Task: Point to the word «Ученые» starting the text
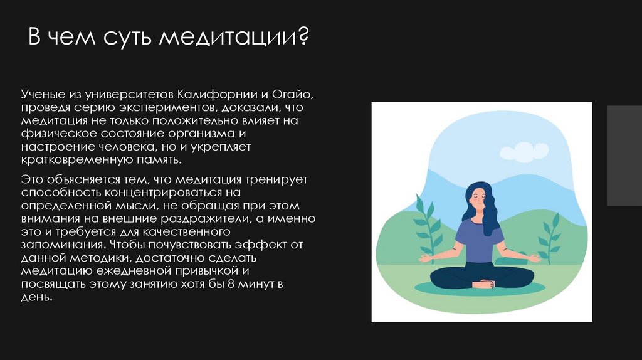coord(43,95)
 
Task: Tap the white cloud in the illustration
coord(524,151)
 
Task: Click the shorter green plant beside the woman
coord(550,238)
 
